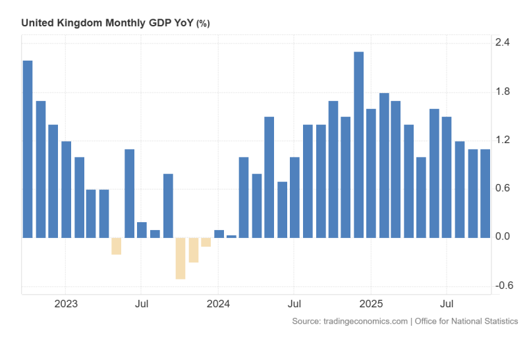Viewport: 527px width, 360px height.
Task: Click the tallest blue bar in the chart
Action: pyautogui.click(x=359, y=144)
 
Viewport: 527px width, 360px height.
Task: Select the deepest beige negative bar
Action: pyautogui.click(x=180, y=258)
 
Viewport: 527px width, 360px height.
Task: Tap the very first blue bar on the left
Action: pyautogui.click(x=28, y=149)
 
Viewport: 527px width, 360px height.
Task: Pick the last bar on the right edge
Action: pyautogui.click(x=485, y=193)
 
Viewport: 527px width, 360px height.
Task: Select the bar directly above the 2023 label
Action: pyautogui.click(x=66, y=189)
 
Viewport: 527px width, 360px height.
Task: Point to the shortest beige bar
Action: pyautogui.click(x=206, y=242)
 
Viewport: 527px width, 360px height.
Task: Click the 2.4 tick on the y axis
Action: pyautogui.click(x=503, y=43)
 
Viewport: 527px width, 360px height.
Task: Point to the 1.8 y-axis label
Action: pyautogui.click(x=503, y=92)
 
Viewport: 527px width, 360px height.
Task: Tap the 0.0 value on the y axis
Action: pyautogui.click(x=503, y=237)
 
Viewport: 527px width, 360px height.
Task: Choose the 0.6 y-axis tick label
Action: pyautogui.click(x=503, y=189)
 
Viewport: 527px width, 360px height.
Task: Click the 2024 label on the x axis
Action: pyautogui.click(x=218, y=305)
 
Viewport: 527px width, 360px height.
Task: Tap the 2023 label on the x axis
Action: pyautogui.click(x=66, y=305)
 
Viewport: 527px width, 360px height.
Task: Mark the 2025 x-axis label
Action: pyautogui.click(x=371, y=305)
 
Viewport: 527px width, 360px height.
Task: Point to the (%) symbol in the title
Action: pyautogui.click(x=204, y=24)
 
